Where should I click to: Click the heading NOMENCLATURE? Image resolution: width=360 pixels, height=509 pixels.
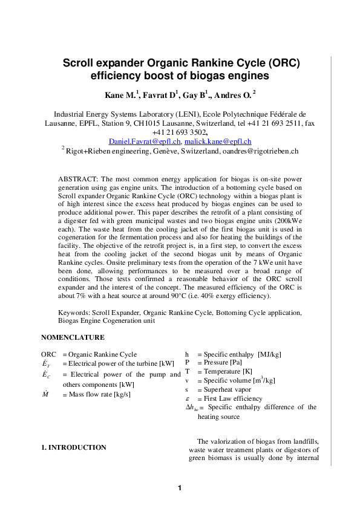click(73, 337)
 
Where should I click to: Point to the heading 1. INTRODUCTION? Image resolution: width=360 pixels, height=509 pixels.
click(73, 447)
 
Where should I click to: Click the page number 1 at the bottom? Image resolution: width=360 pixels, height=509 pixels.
click(180, 488)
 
